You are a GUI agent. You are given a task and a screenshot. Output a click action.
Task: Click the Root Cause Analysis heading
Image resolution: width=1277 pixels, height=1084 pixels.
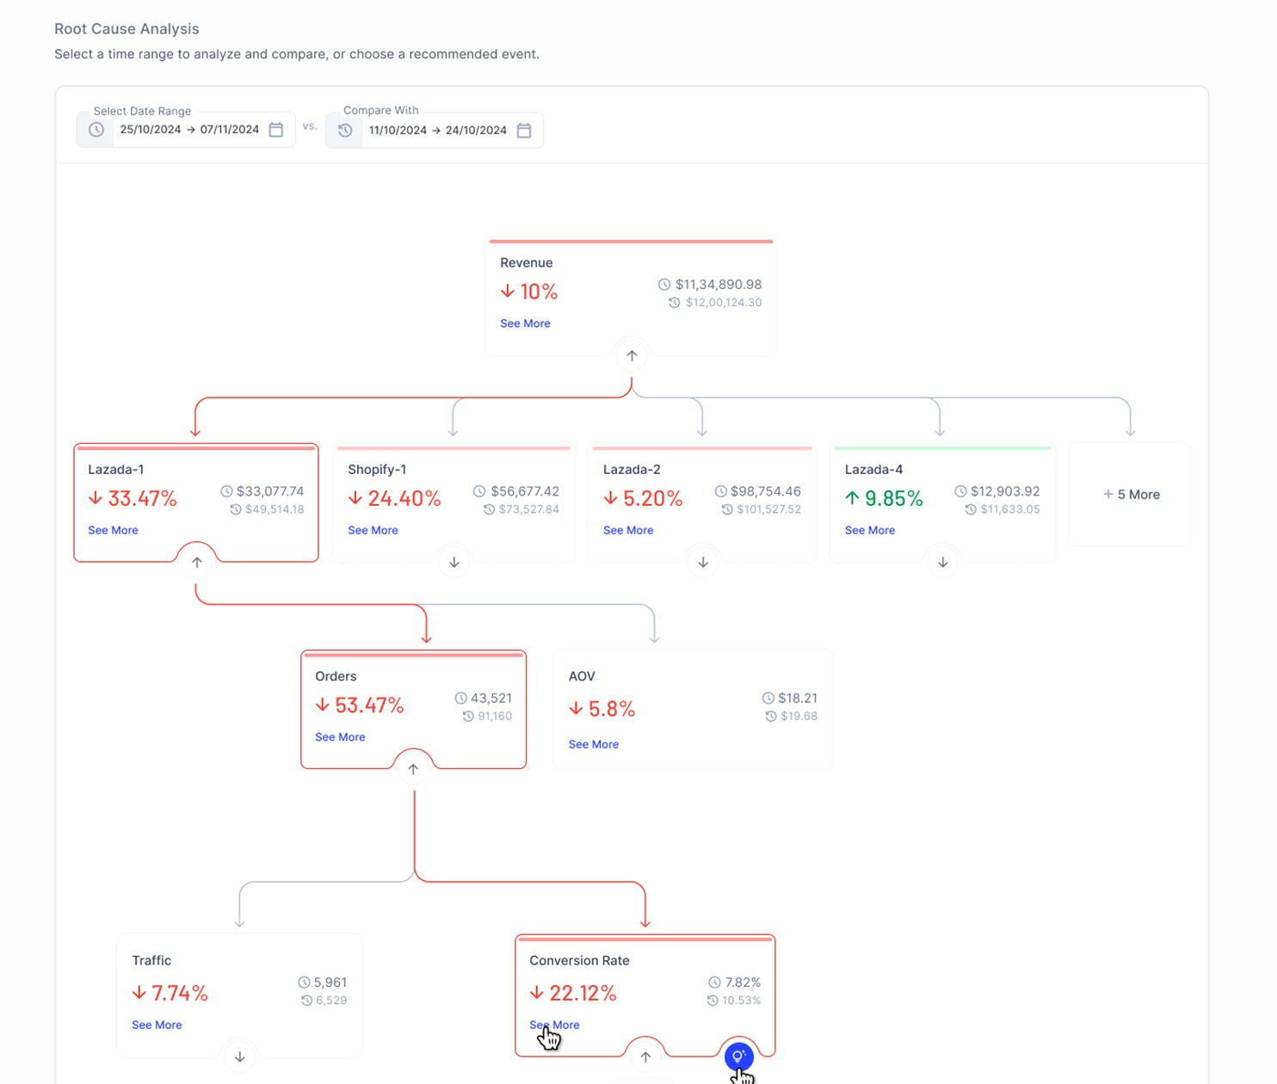pos(126,29)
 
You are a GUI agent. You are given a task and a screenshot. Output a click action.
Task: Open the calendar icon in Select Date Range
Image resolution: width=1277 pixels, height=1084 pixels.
pos(276,130)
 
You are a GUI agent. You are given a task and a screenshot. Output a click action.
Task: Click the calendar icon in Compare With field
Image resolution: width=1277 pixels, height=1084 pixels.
pos(524,130)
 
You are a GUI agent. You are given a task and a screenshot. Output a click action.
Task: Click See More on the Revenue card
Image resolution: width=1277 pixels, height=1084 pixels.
pos(525,323)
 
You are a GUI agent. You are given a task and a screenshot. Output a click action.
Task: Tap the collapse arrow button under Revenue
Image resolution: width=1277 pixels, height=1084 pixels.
pos(632,356)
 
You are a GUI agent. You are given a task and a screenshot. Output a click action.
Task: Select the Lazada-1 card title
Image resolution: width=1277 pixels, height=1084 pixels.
pos(116,470)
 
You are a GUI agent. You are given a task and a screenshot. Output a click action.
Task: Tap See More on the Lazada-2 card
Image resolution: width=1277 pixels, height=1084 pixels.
pos(628,531)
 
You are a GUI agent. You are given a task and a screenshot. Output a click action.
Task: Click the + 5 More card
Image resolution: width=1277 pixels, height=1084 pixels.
pos(1131,495)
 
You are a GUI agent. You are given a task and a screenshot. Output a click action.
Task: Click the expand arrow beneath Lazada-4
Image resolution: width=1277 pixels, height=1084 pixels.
pos(943,563)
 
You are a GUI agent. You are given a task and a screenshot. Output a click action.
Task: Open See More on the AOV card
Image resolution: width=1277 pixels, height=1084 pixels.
pos(594,745)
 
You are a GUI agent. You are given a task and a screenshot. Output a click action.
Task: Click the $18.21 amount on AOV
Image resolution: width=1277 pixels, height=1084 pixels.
pos(798,699)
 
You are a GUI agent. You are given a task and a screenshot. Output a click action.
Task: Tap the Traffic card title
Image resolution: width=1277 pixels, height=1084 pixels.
pos(151,961)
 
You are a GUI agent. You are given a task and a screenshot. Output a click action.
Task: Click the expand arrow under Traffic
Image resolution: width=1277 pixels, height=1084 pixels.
pos(240,1057)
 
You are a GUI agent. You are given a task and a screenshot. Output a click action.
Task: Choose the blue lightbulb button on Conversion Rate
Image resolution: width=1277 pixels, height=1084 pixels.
pos(739,1056)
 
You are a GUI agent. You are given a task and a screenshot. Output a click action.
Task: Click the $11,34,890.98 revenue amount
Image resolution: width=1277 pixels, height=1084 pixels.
pos(719,285)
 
